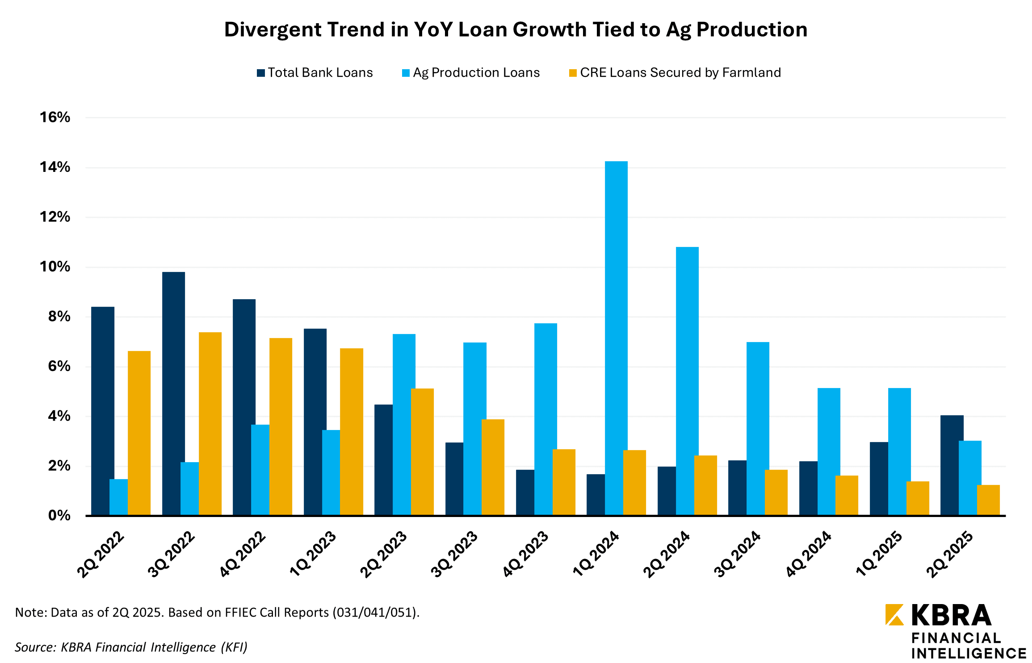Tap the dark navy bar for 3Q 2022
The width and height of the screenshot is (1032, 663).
click(173, 393)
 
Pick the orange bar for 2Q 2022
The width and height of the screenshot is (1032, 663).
click(139, 433)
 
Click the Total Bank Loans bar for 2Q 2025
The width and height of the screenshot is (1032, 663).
click(952, 465)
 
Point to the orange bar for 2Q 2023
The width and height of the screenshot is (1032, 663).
click(422, 452)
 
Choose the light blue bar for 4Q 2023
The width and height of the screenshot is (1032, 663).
click(545, 419)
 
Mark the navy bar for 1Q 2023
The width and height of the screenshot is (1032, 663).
click(315, 422)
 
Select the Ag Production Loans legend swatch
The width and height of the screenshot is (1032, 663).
click(406, 73)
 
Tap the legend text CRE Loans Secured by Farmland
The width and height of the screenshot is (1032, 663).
click(680, 73)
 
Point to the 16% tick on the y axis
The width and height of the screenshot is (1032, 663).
click(55, 117)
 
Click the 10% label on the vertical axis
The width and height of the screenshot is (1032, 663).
click(55, 267)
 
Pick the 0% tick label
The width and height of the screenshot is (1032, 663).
click(59, 516)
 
